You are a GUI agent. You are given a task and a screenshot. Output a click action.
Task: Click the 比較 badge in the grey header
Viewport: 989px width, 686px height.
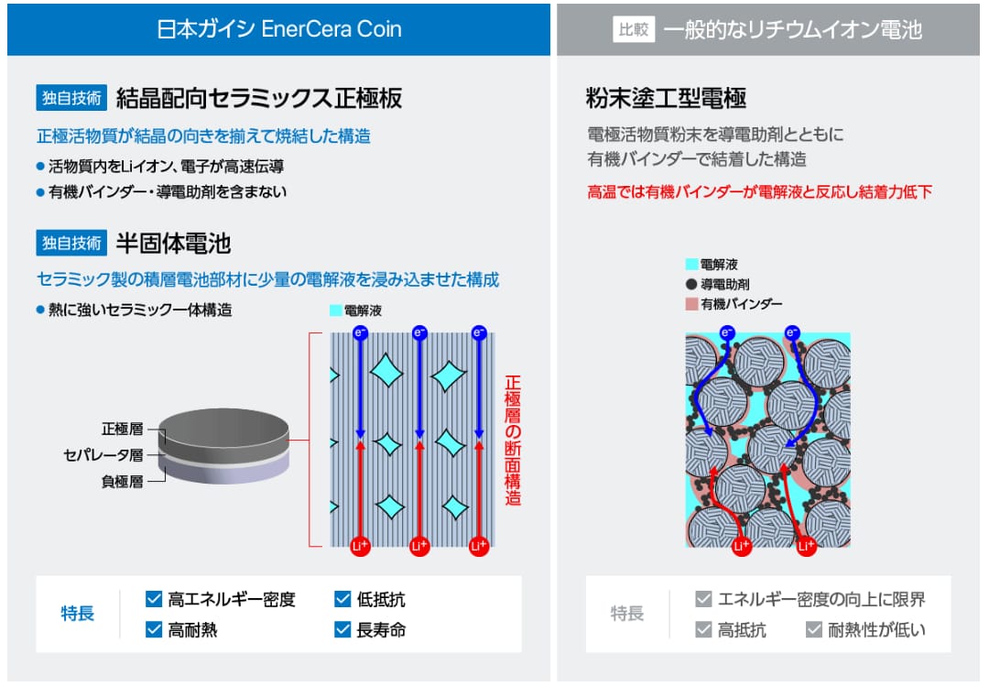tap(634, 29)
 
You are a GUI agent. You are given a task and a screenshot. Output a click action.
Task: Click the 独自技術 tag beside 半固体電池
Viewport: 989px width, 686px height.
tap(71, 243)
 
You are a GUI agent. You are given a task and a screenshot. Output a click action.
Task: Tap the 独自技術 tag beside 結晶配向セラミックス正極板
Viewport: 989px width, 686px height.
tap(71, 98)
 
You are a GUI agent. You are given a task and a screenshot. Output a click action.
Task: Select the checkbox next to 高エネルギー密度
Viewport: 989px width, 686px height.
tap(154, 599)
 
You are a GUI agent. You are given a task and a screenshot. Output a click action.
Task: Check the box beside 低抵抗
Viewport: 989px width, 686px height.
tap(342, 599)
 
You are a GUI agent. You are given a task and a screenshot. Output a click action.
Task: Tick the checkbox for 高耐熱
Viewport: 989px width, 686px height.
tap(154, 629)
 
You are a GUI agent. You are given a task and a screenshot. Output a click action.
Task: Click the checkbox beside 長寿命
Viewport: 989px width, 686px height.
tap(342, 629)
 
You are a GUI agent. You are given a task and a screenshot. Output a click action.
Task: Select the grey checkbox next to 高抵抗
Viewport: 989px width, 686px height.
tap(703, 629)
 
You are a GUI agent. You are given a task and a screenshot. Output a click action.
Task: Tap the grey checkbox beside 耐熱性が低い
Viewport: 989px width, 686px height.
tap(814, 629)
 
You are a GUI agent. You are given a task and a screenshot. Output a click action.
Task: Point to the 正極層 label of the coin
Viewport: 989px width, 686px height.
tap(123, 430)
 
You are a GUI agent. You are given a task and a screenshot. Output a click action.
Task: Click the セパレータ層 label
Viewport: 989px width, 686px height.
tap(103, 455)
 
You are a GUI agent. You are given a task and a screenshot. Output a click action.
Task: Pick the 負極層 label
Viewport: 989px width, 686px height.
tap(123, 482)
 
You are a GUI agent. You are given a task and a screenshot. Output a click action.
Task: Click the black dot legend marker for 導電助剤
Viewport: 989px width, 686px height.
tap(691, 284)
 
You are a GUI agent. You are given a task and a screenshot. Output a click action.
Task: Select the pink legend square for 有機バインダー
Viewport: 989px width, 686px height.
tap(691, 304)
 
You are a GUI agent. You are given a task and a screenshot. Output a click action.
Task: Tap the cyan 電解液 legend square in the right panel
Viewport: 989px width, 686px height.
tap(691, 264)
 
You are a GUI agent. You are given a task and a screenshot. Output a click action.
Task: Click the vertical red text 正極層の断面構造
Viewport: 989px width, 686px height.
tap(512, 441)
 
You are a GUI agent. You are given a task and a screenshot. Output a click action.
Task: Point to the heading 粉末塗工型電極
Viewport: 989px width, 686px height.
tap(666, 98)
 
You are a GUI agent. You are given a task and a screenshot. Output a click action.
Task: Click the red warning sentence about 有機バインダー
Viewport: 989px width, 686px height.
tap(759, 191)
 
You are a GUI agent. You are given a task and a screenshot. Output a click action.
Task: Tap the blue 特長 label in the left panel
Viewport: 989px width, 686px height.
tap(78, 614)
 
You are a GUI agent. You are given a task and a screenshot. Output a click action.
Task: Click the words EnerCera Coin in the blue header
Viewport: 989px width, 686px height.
tap(331, 29)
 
